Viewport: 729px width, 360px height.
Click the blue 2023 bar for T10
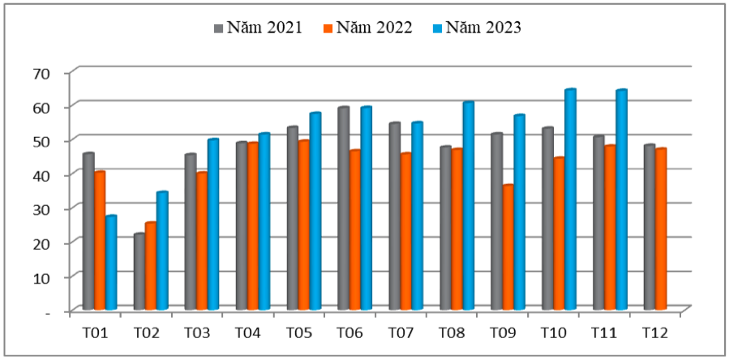[x=570, y=199]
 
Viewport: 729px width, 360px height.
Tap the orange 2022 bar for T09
[x=508, y=247]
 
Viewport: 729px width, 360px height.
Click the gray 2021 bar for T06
[x=344, y=208]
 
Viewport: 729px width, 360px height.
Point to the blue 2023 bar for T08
[x=468, y=206]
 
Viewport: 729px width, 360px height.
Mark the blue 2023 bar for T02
[x=162, y=251]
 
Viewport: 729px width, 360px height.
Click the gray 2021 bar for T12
[x=650, y=227]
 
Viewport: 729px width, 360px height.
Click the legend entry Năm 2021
[x=258, y=28]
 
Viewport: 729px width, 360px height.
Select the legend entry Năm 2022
[x=369, y=28]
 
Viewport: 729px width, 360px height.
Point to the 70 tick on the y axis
[x=41, y=73]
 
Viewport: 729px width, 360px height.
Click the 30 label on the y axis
[x=41, y=209]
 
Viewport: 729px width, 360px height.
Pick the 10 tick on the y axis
[x=41, y=277]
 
